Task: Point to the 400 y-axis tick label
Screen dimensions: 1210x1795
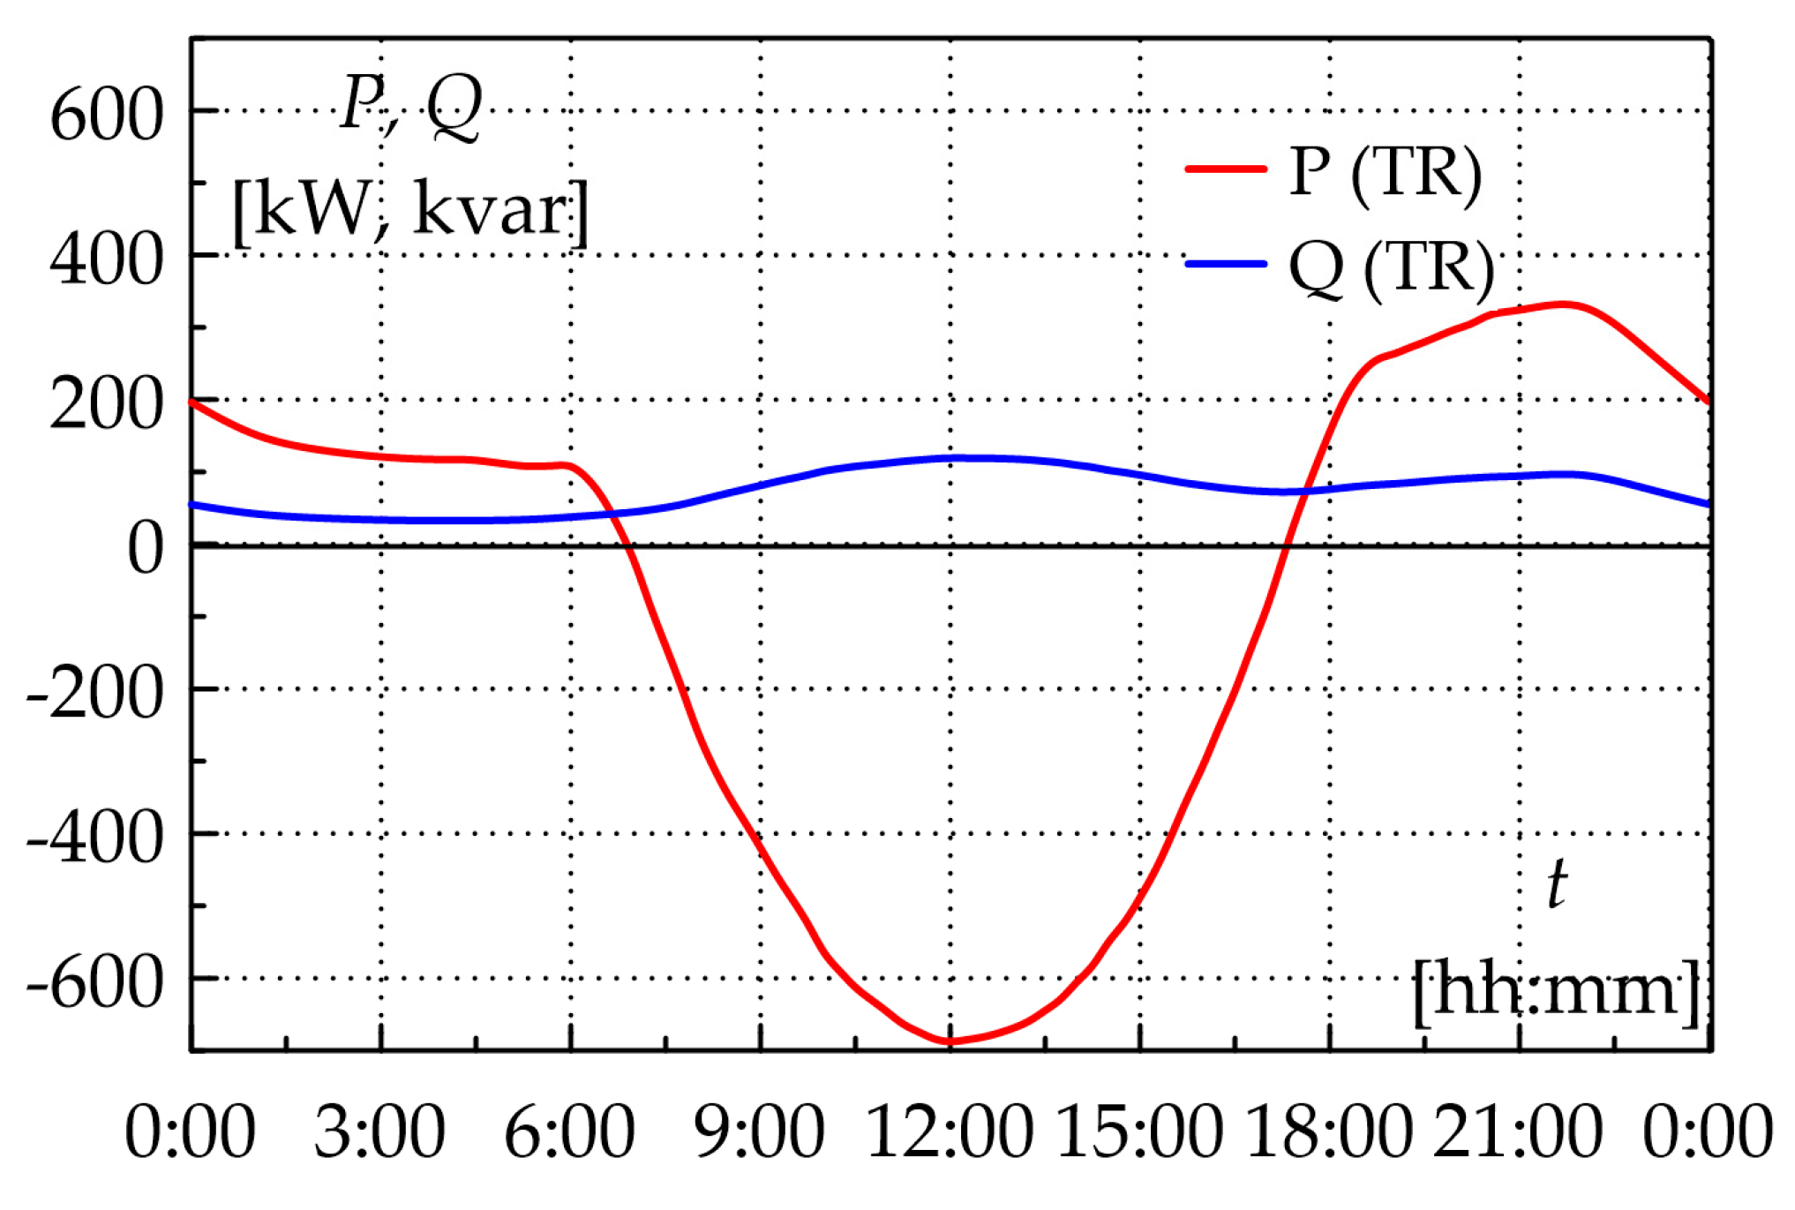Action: point(106,261)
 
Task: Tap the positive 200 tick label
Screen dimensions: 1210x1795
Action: point(106,406)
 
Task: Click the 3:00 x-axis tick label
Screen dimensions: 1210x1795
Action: point(379,1132)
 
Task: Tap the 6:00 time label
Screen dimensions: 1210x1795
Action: point(569,1132)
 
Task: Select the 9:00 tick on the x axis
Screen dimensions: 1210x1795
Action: point(759,1132)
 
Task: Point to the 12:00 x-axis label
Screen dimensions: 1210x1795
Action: point(950,1132)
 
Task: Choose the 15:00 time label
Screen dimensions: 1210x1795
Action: point(1139,1132)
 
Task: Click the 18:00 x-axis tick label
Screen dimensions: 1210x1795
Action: point(1329,1132)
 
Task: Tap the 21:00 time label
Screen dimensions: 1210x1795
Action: point(1518,1132)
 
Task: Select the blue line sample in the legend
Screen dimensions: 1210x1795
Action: point(1226,264)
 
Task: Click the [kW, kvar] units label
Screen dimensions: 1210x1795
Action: point(410,212)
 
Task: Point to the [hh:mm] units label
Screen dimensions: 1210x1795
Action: point(1556,992)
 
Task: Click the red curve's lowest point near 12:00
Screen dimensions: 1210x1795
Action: point(950,1041)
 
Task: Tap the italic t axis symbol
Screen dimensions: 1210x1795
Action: point(1557,885)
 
